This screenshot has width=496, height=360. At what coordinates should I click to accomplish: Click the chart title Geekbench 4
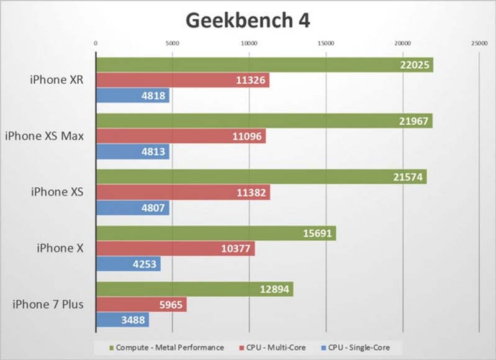248,20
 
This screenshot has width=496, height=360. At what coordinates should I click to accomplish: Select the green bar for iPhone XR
264,65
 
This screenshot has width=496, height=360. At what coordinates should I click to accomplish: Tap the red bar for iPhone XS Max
180,137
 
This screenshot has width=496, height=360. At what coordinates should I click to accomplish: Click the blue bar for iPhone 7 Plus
122,320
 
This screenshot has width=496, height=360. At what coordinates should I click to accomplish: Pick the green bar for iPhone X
215,233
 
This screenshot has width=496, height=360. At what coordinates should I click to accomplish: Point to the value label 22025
415,65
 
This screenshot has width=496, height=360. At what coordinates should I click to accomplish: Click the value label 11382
251,193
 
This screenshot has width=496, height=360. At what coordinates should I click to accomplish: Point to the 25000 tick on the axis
479,43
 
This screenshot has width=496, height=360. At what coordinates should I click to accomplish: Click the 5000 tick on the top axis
172,43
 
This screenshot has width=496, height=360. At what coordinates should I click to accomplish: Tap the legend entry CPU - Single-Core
358,348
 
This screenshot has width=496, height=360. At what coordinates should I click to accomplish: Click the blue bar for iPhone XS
132,209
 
